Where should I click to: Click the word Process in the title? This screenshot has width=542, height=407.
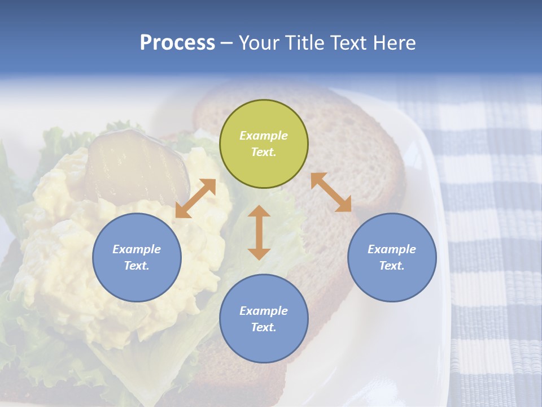point(177,43)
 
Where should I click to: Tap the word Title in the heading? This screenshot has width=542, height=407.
point(303,43)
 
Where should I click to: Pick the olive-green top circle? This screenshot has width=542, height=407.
point(264,144)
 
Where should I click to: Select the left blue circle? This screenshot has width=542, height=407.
point(137,257)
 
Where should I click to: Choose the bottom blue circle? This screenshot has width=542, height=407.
point(264,319)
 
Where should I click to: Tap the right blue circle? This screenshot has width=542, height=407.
point(392,257)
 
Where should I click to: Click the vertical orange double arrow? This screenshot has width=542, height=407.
point(259,232)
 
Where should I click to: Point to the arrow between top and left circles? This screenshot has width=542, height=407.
point(195,198)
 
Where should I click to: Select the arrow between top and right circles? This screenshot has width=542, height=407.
point(331,192)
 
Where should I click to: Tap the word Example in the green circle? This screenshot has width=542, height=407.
point(264,136)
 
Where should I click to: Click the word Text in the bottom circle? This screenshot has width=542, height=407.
point(264,327)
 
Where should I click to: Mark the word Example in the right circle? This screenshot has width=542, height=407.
point(392,249)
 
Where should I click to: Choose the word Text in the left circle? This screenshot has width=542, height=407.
point(137,266)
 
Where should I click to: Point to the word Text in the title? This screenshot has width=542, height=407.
point(346,43)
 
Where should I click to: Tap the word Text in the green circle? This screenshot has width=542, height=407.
point(264,152)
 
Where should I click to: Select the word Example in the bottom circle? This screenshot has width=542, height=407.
point(264,311)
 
